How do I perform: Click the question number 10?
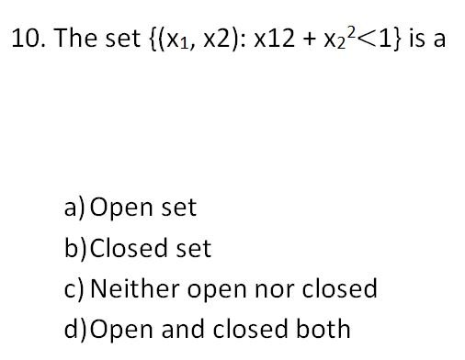point(28,38)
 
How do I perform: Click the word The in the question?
point(75,38)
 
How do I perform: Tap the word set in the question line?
point(122,39)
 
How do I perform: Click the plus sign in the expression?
point(311,39)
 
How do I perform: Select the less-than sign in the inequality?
point(367,39)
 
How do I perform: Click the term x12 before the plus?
point(274,39)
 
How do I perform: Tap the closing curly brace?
point(396,39)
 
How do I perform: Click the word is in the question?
point(416,38)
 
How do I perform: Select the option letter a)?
point(74,208)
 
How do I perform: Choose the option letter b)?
point(75,247)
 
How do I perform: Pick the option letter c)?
point(74,289)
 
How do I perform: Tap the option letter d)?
point(75,329)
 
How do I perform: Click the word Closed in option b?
point(129,248)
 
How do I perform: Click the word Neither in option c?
point(135,287)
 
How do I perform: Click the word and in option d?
point(183,328)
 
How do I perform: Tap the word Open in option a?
point(121,208)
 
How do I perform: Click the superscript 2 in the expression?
point(352,33)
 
